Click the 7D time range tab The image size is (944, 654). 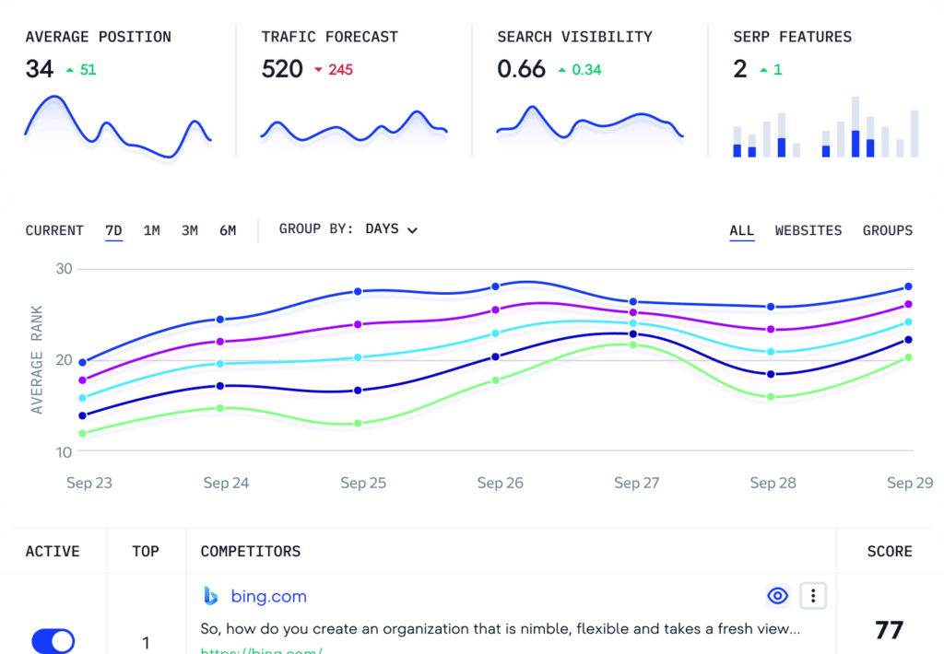click(x=114, y=230)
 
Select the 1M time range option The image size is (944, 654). click(x=152, y=230)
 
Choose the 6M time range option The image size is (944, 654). click(x=228, y=230)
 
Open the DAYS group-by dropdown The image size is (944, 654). click(x=391, y=229)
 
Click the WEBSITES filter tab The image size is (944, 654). click(x=808, y=230)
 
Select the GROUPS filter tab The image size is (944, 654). click(x=888, y=230)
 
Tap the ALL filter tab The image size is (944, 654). click(x=742, y=230)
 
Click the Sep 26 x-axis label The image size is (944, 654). click(x=501, y=483)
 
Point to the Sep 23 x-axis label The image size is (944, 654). click(x=89, y=483)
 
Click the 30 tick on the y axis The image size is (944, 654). click(x=64, y=269)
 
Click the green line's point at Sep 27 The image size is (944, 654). click(x=633, y=345)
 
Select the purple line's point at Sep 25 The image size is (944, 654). click(x=358, y=324)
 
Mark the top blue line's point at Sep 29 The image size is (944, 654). click(x=908, y=286)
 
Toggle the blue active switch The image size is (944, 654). click(x=53, y=641)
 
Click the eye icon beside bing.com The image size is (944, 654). click(x=778, y=596)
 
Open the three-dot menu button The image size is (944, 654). click(x=813, y=596)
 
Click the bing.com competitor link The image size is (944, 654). click(x=268, y=597)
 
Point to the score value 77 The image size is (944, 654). click(x=890, y=630)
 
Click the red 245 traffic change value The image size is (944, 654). click(x=340, y=69)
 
